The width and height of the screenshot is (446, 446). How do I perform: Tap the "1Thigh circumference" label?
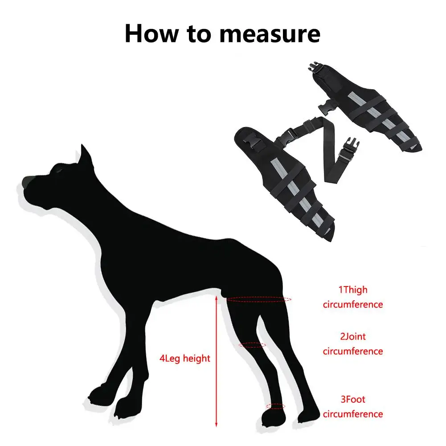353,297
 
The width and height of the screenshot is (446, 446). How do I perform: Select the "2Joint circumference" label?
353,344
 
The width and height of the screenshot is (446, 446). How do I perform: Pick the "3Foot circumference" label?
353,407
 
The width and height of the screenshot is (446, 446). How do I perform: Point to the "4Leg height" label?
185,358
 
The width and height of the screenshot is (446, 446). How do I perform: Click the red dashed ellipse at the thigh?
259,299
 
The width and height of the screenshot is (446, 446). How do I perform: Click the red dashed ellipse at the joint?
253,345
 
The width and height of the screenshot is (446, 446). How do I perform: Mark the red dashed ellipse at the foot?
275,406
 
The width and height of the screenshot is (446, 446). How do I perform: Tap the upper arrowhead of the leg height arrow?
217,299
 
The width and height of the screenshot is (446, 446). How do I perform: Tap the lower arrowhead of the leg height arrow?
217,425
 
